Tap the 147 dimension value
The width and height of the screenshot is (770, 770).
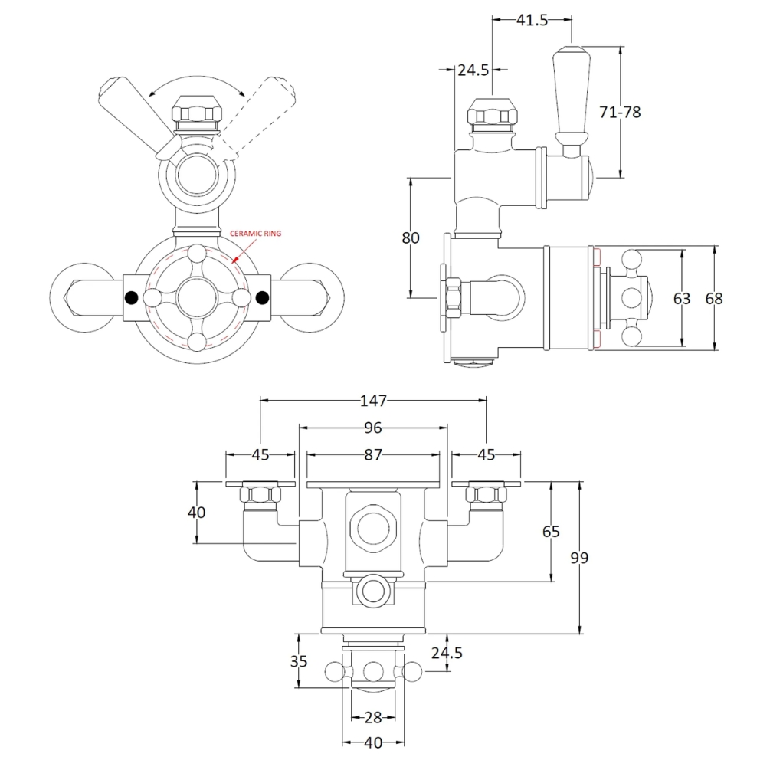[373, 401]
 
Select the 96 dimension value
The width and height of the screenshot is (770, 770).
[373, 428]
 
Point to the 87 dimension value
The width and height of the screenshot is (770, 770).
[373, 454]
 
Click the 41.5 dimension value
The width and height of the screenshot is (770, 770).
[532, 21]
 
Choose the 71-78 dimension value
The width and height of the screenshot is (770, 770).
[621, 112]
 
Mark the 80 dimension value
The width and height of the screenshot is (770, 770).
[411, 238]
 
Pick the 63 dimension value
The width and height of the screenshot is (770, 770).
[682, 298]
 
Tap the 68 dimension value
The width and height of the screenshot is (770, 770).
[714, 298]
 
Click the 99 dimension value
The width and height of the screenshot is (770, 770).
[580, 558]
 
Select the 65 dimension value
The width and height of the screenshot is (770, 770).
[551, 531]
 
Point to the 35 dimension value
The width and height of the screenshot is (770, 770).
[300, 660]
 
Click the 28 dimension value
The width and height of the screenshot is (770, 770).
[372, 717]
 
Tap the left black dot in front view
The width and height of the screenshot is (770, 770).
[131, 297]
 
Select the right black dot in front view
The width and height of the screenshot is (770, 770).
[264, 297]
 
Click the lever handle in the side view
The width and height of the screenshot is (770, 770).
[569, 100]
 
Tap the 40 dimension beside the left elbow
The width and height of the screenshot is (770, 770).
[197, 512]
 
